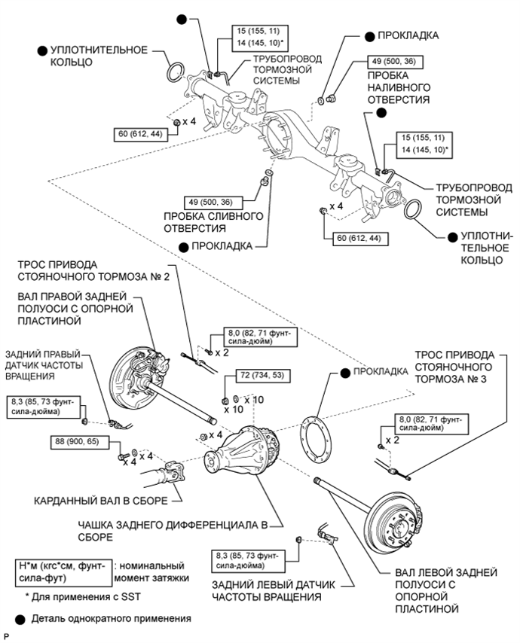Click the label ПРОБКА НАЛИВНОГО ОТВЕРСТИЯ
pos(399,87)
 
